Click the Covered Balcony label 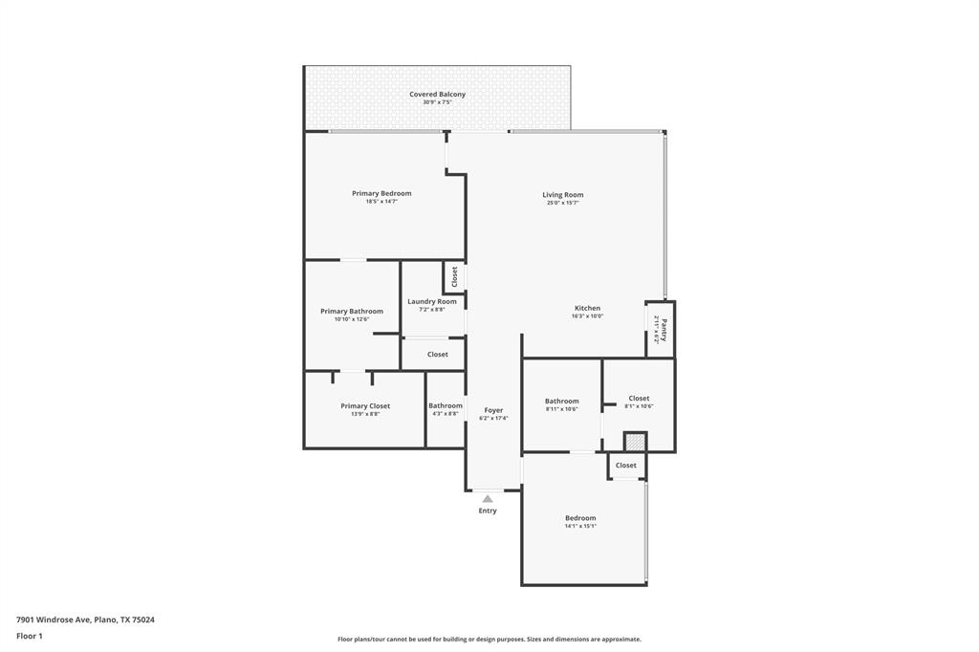(x=437, y=95)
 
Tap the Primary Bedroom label (x=381, y=193)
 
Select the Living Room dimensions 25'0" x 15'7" (x=562, y=203)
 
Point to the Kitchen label (x=587, y=308)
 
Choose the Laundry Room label (x=432, y=301)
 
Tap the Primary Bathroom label (x=352, y=311)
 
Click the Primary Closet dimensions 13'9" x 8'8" (x=365, y=414)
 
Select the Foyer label (x=493, y=410)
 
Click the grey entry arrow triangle (x=488, y=498)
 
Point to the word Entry (x=488, y=511)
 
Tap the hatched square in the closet (x=635, y=442)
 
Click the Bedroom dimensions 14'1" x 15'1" (x=580, y=526)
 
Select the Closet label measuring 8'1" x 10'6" (x=639, y=398)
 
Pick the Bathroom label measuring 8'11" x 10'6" (x=562, y=401)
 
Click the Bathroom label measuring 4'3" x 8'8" (x=446, y=405)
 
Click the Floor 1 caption (x=30, y=635)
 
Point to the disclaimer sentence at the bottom (x=489, y=639)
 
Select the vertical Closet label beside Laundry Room (x=454, y=277)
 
